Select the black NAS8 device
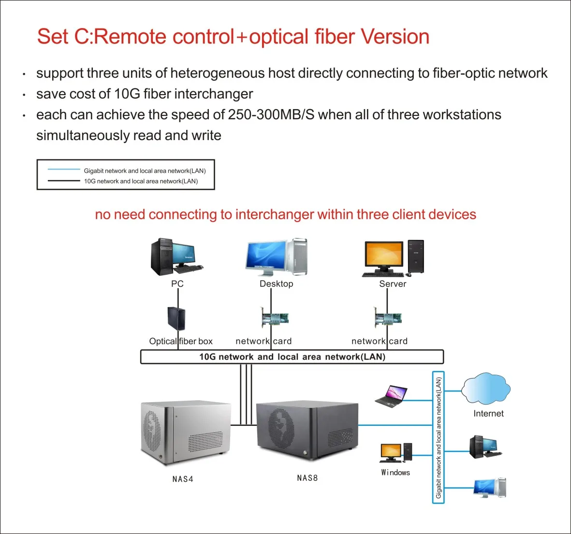307,431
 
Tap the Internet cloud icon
486,388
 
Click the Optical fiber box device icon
176,319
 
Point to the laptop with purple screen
391,397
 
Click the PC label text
177,284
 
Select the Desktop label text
276,284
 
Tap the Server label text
393,284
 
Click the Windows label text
395,473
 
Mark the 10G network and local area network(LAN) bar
292,357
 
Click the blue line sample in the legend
64,169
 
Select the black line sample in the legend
64,181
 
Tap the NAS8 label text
307,478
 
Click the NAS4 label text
183,479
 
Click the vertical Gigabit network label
439,437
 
